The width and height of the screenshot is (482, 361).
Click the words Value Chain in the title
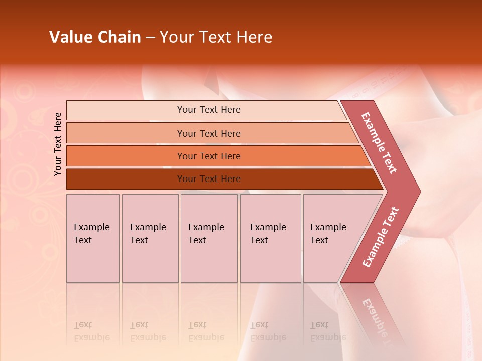[95, 37]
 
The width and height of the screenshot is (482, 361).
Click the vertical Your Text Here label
[58, 144]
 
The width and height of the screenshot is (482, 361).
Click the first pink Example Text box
[93, 238]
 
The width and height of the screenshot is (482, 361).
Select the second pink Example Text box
[150, 238]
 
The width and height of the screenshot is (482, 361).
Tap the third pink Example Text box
[209, 238]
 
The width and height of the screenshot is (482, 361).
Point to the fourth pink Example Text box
[271, 238]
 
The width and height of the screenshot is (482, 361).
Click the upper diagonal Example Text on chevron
[379, 143]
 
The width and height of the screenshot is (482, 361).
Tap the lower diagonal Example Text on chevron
[381, 237]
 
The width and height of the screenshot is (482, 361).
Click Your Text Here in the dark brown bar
[209, 179]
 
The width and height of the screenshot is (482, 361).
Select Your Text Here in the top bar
[209, 110]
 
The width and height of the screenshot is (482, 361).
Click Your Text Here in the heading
[216, 37]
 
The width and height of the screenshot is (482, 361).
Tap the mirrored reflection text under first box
[91, 331]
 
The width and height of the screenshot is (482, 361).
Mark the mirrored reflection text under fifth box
[328, 331]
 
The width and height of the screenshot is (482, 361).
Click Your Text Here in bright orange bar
[209, 156]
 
